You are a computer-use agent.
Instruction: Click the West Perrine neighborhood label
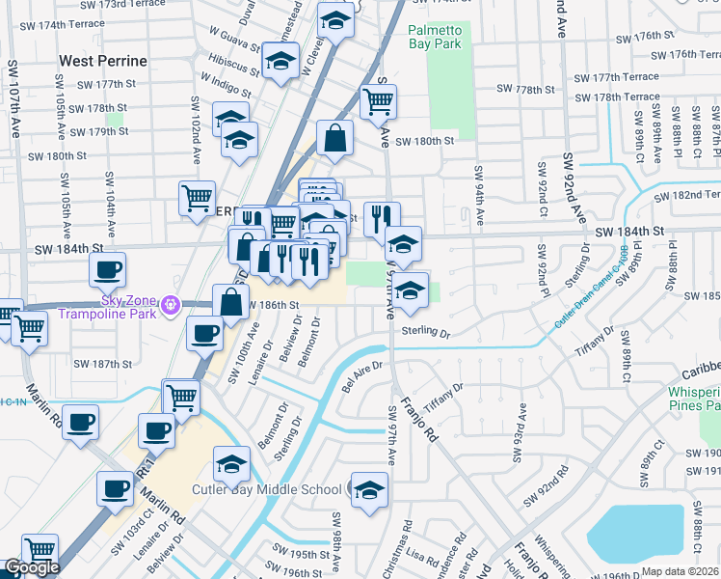coord(103,61)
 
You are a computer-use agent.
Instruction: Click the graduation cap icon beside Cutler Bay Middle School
coord(369,490)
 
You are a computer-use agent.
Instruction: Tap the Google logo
coord(32,568)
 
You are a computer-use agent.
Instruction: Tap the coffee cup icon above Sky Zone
coord(108,269)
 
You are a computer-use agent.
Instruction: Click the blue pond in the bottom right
coord(634,537)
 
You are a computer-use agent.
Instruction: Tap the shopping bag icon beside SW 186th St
coord(231,301)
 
